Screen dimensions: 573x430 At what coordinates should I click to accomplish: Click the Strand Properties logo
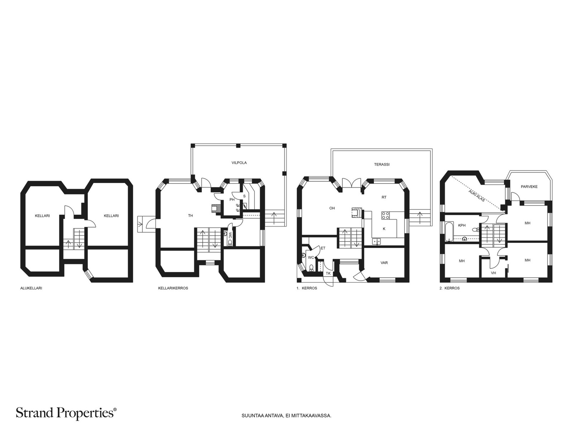click(x=66, y=413)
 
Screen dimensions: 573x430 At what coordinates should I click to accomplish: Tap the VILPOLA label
click(x=239, y=163)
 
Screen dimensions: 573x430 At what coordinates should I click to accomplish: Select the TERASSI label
click(x=382, y=164)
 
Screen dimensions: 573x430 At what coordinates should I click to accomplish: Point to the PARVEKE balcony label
click(x=529, y=187)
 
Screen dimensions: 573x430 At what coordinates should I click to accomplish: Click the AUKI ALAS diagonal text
click(x=477, y=196)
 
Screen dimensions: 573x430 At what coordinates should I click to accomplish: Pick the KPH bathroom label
click(x=462, y=225)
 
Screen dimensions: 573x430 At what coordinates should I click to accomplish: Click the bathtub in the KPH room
click(x=449, y=231)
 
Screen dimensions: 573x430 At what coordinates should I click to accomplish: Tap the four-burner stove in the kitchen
click(x=386, y=215)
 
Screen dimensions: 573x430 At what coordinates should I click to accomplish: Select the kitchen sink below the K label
click(x=376, y=241)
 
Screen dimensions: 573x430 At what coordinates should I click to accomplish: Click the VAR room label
click(x=384, y=263)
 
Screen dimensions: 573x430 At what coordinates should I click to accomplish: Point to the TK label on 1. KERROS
click(x=328, y=273)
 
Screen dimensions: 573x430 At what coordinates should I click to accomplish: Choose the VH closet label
click(x=493, y=273)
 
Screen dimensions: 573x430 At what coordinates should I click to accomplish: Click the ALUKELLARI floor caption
click(x=31, y=288)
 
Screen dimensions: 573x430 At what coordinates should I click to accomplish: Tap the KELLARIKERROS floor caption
click(x=173, y=288)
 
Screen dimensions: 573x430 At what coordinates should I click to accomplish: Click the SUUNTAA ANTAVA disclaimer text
click(x=286, y=415)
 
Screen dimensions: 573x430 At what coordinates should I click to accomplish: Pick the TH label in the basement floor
click(x=191, y=216)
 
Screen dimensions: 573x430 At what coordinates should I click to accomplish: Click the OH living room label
click(x=332, y=208)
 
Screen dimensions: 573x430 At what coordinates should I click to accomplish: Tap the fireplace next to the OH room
click(x=357, y=213)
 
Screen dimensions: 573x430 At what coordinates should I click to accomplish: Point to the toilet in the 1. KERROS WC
click(x=311, y=268)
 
